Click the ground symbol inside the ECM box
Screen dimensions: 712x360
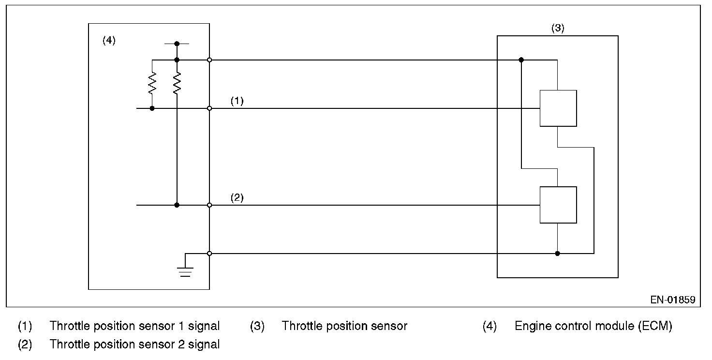185,272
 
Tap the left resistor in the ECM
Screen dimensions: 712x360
152,83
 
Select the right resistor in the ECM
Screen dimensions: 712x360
177,83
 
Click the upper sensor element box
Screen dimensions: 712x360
558,108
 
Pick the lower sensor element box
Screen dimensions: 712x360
558,205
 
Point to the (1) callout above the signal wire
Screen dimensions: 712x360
237,101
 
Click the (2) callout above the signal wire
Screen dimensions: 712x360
237,198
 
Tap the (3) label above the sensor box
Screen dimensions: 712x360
558,28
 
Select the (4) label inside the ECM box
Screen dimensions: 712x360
109,40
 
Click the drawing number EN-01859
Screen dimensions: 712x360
673,300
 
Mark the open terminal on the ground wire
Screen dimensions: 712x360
209,254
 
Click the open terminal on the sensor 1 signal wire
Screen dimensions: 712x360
209,108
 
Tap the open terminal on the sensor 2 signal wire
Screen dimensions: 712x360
209,205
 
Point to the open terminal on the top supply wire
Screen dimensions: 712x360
209,60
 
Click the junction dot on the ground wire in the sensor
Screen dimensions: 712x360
557,254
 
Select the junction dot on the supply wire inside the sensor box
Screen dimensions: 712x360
521,60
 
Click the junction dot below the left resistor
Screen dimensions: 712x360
152,108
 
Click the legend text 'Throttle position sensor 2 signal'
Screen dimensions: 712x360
134,345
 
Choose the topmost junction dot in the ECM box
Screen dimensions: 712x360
177,44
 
